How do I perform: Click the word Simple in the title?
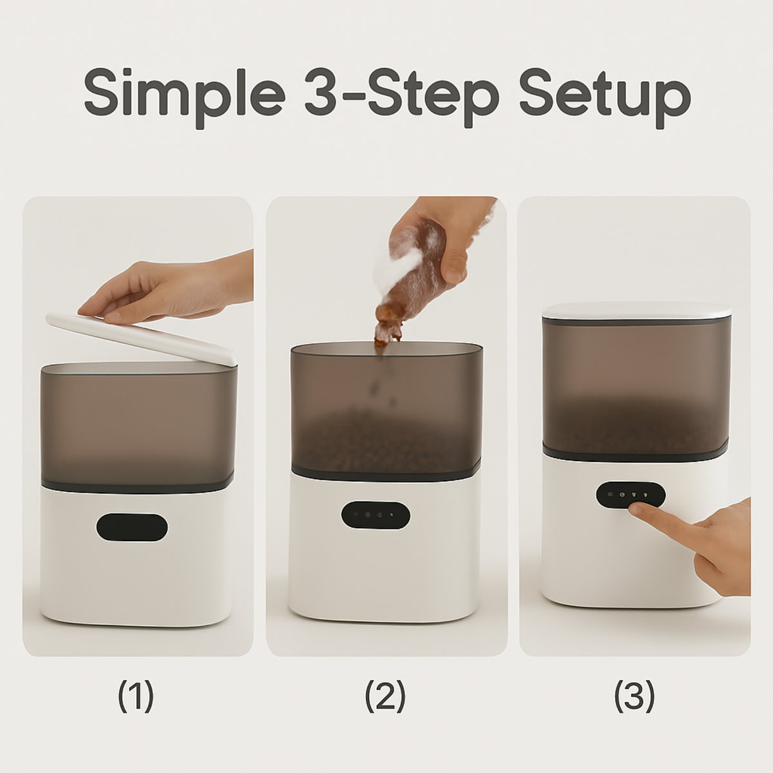pos(184,96)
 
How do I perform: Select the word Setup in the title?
pos(605,96)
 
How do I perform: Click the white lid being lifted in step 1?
pos(142,335)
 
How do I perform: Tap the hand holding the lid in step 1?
pos(161,290)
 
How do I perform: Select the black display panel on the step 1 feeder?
pos(132,528)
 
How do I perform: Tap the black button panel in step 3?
pos(630,495)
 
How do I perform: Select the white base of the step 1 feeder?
pos(138,580)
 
